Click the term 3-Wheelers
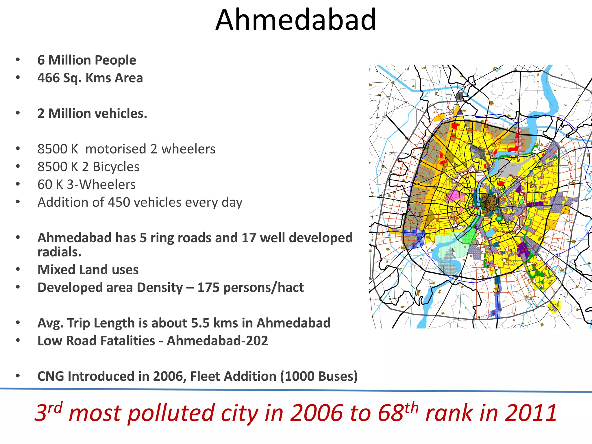[x=101, y=185]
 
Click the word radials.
[x=59, y=252]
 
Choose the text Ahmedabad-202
[x=217, y=341]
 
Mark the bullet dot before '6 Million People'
[x=18, y=60]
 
